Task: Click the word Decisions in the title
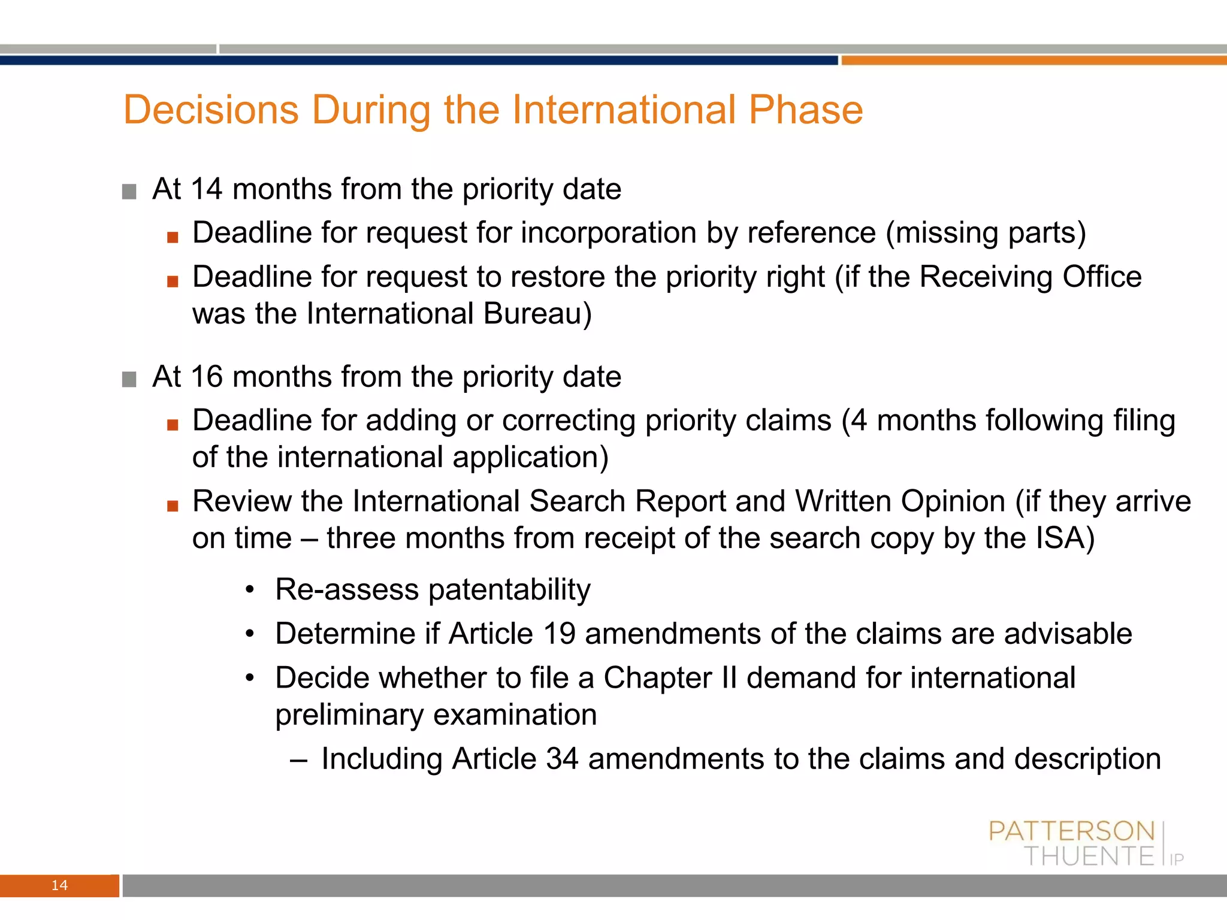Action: point(211,110)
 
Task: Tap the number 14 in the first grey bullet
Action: point(207,189)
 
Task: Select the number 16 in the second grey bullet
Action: point(207,377)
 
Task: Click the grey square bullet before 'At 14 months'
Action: point(129,192)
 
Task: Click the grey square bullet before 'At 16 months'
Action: point(129,379)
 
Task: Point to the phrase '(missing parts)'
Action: point(986,232)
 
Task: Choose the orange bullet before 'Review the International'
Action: point(173,506)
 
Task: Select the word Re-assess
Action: point(347,589)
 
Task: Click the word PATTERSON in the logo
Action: point(1071,831)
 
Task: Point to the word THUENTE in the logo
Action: point(1089,857)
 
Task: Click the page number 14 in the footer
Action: point(59,885)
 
